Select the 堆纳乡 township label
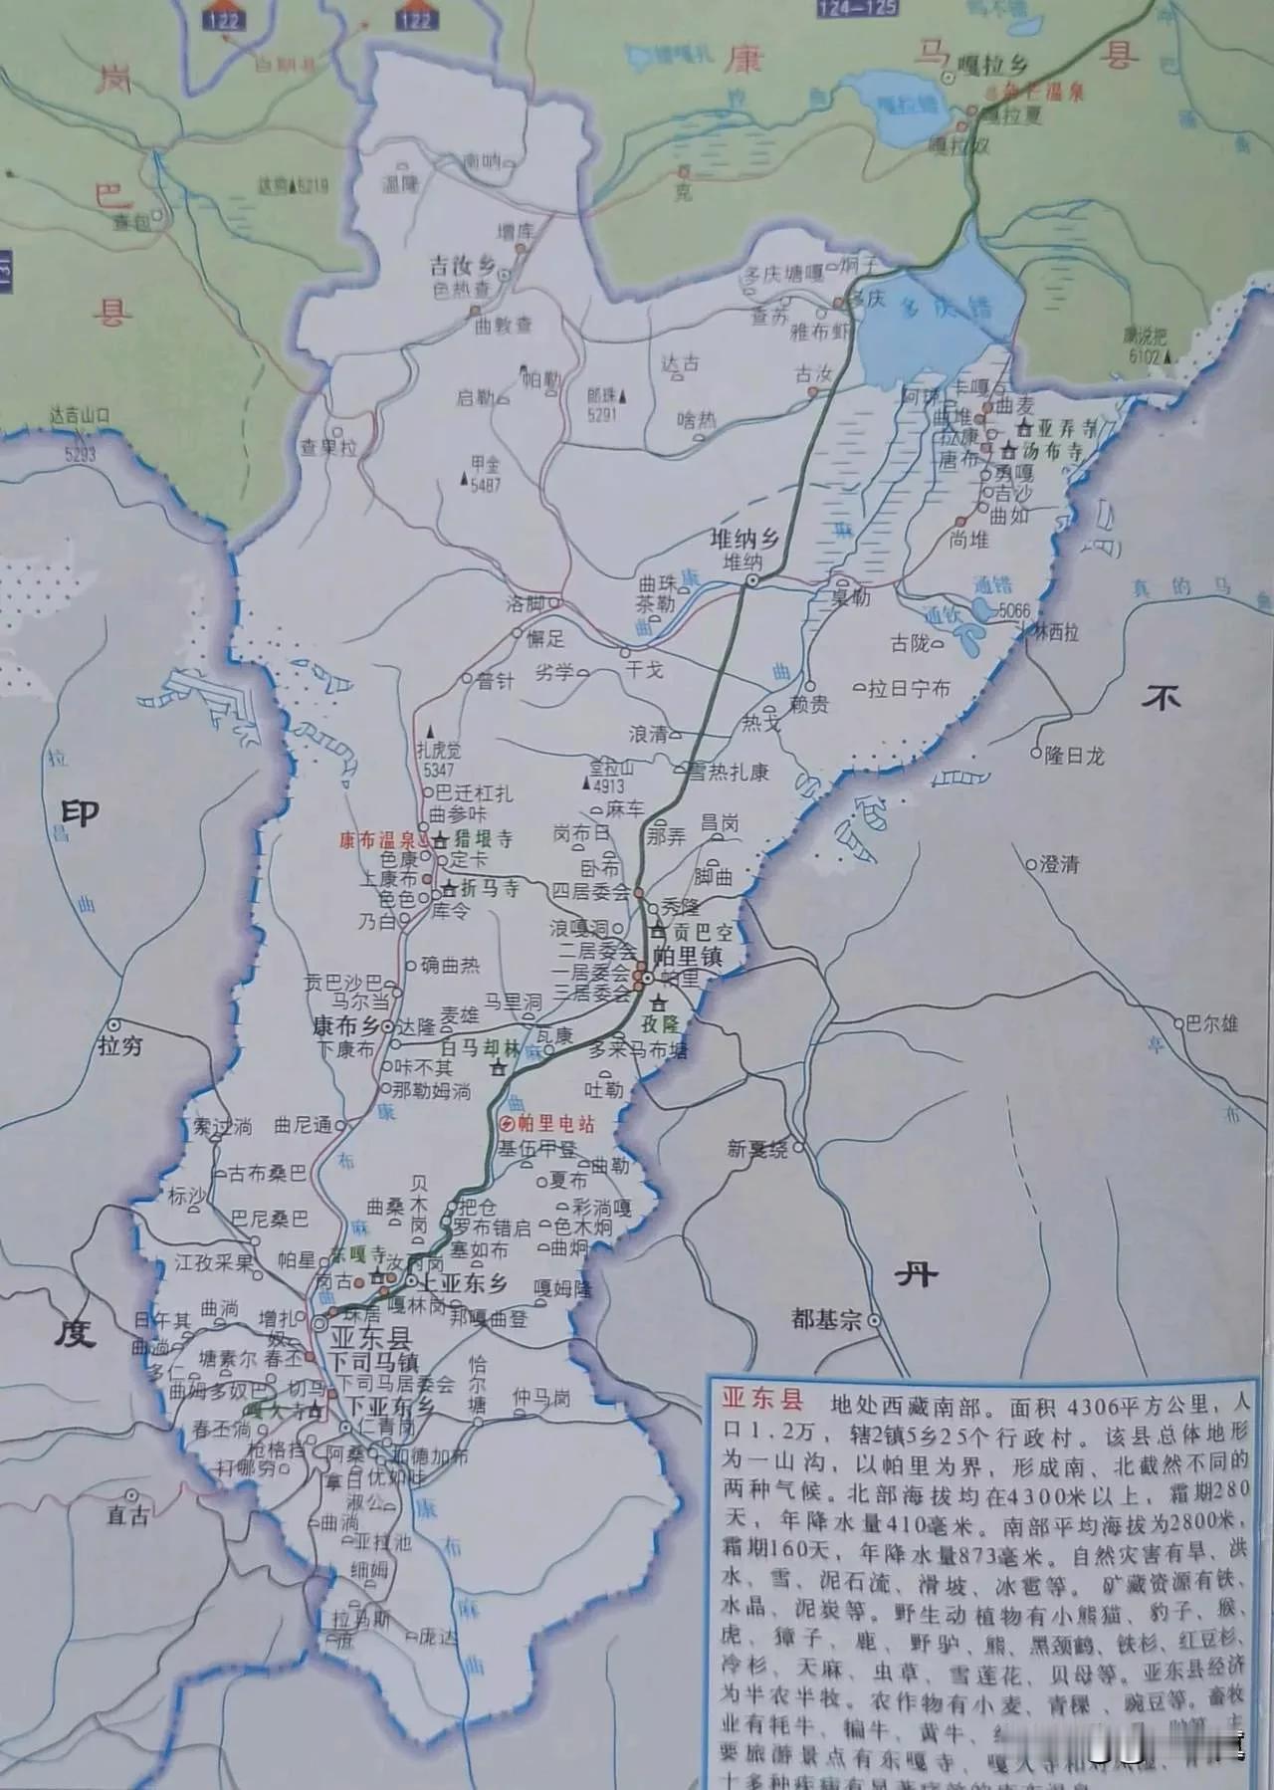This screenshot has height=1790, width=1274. coord(742,541)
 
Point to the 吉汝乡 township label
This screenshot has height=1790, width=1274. coord(462,266)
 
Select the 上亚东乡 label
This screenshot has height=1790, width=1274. coord(465,1283)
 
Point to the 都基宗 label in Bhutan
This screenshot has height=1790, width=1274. coord(825,1320)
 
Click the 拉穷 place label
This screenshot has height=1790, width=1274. coord(120,1045)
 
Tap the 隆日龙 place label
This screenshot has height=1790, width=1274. coord(1074,756)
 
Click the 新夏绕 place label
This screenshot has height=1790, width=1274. coord(756,1149)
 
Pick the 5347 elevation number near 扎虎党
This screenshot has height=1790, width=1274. coord(438,771)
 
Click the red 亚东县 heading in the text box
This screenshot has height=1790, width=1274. coord(761,1401)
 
